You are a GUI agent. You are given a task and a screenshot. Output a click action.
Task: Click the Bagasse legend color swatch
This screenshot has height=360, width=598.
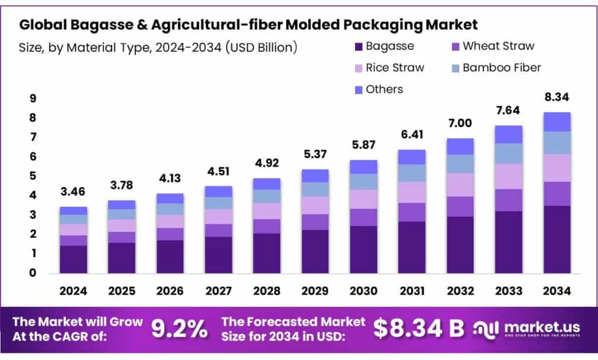pyautogui.click(x=357, y=46)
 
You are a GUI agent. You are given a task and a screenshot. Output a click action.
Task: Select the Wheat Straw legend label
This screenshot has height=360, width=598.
pyautogui.click(x=498, y=46)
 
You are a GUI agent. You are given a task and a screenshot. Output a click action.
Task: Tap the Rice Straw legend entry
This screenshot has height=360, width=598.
pyautogui.click(x=395, y=68)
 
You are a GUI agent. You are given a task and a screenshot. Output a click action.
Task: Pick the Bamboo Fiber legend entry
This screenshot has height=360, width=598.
pyautogui.click(x=502, y=68)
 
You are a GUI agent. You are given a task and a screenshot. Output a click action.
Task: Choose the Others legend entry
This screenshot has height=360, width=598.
pyautogui.click(x=384, y=89)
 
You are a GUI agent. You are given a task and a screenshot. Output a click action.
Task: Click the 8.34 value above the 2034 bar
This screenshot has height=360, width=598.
pyautogui.click(x=557, y=96)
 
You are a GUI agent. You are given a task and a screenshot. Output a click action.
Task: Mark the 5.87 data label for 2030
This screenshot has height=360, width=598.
pyautogui.click(x=363, y=144)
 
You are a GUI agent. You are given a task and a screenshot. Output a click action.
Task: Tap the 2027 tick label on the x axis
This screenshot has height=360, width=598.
pyautogui.click(x=218, y=290)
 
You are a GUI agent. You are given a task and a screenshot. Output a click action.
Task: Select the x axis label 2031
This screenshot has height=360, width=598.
pyautogui.click(x=412, y=290)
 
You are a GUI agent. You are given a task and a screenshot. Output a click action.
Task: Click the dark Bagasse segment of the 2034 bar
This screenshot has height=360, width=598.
pyautogui.click(x=557, y=240)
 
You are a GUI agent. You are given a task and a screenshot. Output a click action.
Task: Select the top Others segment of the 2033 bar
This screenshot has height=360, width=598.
pyautogui.click(x=508, y=134)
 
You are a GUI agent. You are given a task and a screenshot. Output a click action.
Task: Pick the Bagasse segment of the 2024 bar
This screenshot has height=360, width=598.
pyautogui.click(x=73, y=259)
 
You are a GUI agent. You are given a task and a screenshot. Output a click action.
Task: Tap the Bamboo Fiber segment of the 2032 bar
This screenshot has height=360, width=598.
pyautogui.click(x=460, y=164)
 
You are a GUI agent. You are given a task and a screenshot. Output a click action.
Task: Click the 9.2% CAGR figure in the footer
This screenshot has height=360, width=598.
pyautogui.click(x=179, y=329)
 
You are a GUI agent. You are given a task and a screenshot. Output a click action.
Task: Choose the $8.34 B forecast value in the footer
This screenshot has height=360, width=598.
pyautogui.click(x=418, y=329)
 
